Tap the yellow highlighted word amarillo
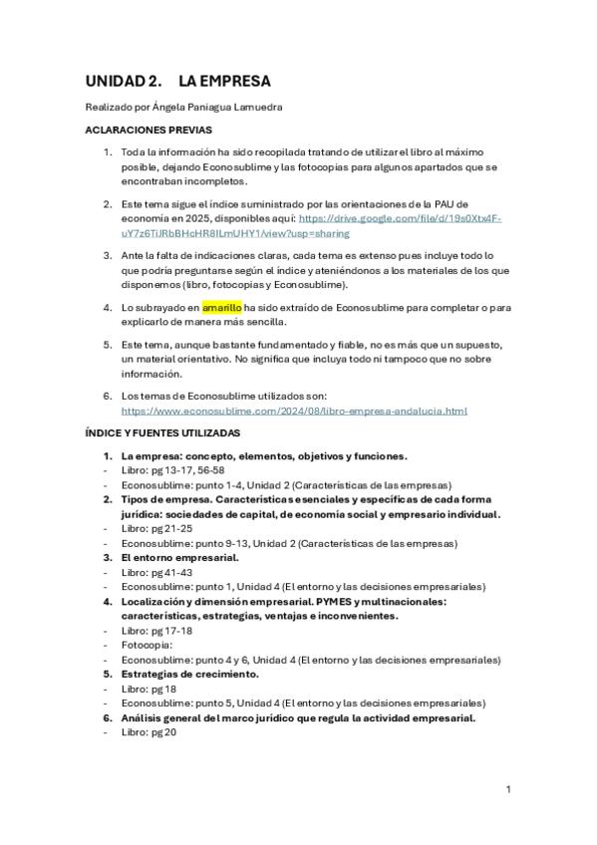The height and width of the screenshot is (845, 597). pos(222,308)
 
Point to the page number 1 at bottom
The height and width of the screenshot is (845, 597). pos(508,789)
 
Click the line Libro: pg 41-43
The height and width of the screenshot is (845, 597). pos(156,573)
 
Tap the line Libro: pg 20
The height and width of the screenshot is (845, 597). pos(149,732)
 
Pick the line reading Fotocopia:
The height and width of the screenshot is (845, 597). pos(149,645)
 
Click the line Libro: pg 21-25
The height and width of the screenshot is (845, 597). pos(156,529)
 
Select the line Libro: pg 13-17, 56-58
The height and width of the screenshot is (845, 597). pos(172,470)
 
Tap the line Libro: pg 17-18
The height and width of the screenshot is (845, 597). pos(156,631)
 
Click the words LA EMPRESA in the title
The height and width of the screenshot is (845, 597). pos(224,81)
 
